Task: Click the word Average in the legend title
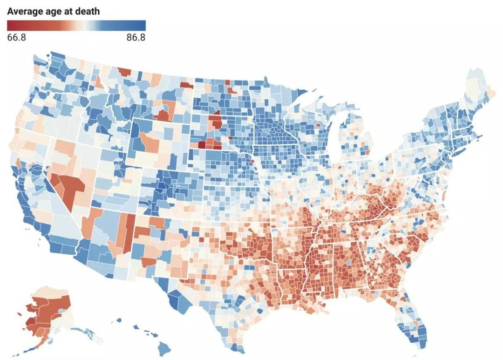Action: coord(23,11)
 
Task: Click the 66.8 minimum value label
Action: coord(16,37)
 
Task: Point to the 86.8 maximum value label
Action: coord(136,37)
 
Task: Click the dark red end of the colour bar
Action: coord(10,25)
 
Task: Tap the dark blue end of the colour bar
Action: coord(143,25)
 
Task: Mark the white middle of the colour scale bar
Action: coord(76,25)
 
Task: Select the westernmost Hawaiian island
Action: coord(116,320)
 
